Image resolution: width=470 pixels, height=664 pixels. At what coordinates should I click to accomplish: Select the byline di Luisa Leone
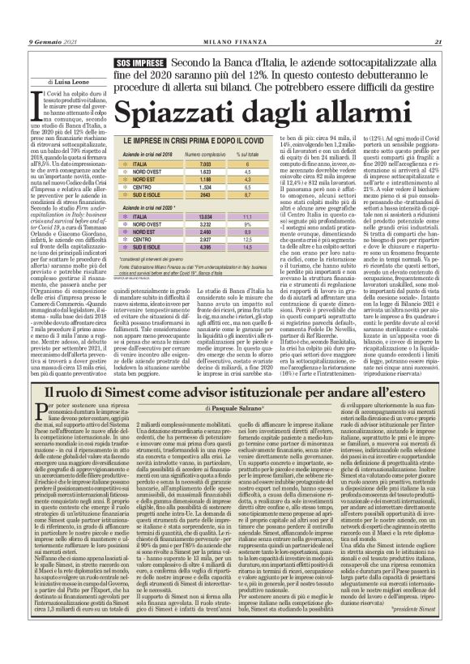pyautogui.click(x=70, y=82)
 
